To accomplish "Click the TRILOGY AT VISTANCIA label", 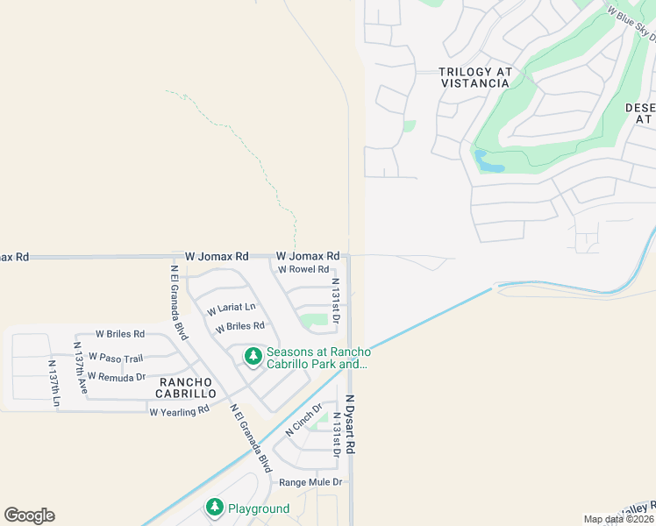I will point(474,77).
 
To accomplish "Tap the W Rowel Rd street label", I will point(303,269).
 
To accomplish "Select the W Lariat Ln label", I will point(232,309).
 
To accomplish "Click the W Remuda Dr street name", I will point(116,377).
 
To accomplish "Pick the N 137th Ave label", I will point(81,372).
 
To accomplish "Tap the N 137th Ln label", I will point(53,382).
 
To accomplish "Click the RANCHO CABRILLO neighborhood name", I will point(186,387).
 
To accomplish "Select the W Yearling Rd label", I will point(179,410).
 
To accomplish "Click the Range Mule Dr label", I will point(310,482).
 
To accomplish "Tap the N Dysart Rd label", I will point(350,423).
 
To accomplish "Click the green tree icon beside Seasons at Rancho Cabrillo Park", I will point(253,356).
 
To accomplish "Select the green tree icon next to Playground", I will point(215,507).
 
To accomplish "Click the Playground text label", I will point(259,508).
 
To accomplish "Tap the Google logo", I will point(29,515).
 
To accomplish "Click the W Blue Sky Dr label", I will point(632,25).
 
